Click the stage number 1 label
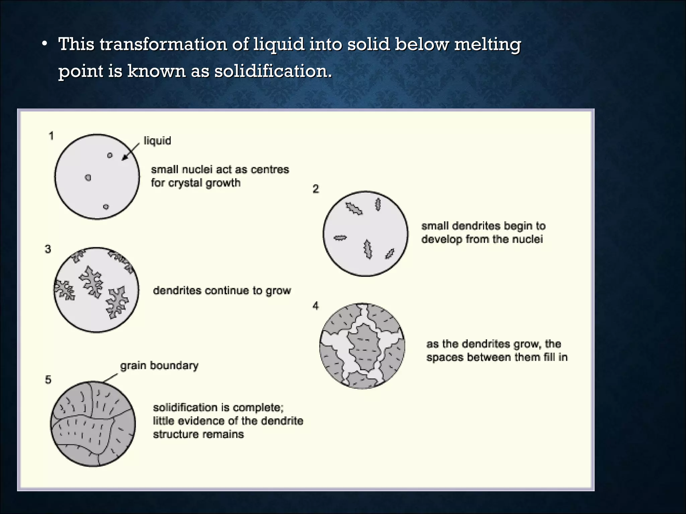(x=51, y=136)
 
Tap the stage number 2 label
(x=316, y=189)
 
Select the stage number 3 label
(x=48, y=249)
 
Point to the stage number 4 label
(x=316, y=306)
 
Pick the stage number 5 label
(x=48, y=380)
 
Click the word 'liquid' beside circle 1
(x=157, y=141)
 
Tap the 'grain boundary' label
(x=159, y=365)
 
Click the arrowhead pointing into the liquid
(x=124, y=158)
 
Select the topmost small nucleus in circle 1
(x=110, y=155)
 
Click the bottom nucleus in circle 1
(x=106, y=207)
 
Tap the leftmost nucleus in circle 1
(x=88, y=178)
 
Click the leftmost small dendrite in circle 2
(x=340, y=238)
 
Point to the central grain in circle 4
(x=364, y=348)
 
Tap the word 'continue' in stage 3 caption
(x=228, y=290)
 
